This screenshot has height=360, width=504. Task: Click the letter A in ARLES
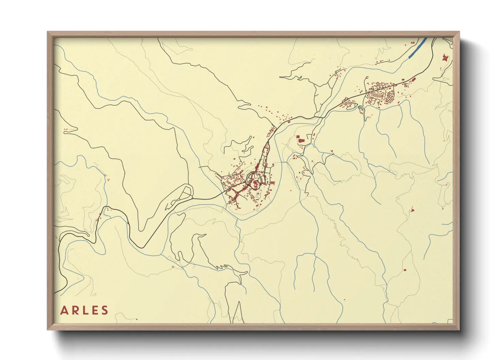[x=64, y=310]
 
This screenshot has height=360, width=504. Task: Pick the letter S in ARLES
[x=105, y=310]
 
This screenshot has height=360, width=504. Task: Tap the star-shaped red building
[x=444, y=58]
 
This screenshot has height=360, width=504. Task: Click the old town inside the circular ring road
[x=254, y=179]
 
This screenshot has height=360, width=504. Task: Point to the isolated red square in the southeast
[x=405, y=270]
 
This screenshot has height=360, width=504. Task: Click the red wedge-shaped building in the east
[x=412, y=210]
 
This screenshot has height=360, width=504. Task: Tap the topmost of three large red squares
[x=298, y=136]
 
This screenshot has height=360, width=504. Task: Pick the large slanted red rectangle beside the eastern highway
[x=414, y=80]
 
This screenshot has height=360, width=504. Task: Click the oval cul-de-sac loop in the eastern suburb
[x=389, y=97]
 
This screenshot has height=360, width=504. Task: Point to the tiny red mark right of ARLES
[x=137, y=320]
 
